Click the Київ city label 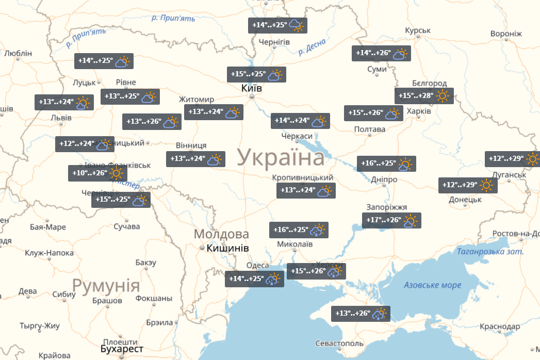(x=252, y=89)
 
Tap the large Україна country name (x=282, y=157)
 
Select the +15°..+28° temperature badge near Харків (x=424, y=96)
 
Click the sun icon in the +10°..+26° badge (x=116, y=173)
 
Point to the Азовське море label (x=432, y=285)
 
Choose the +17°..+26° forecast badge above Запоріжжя (x=391, y=221)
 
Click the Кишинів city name (x=227, y=248)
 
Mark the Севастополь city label (x=339, y=343)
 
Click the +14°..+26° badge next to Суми (x=381, y=53)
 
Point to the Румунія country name (x=106, y=285)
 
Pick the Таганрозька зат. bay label (x=490, y=252)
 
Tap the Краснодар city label (x=499, y=327)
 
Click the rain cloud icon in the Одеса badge (x=273, y=280)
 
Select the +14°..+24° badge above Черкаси (x=300, y=121)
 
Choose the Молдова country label (x=221, y=234)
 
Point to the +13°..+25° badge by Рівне (x=129, y=96)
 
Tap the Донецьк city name (x=465, y=199)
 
